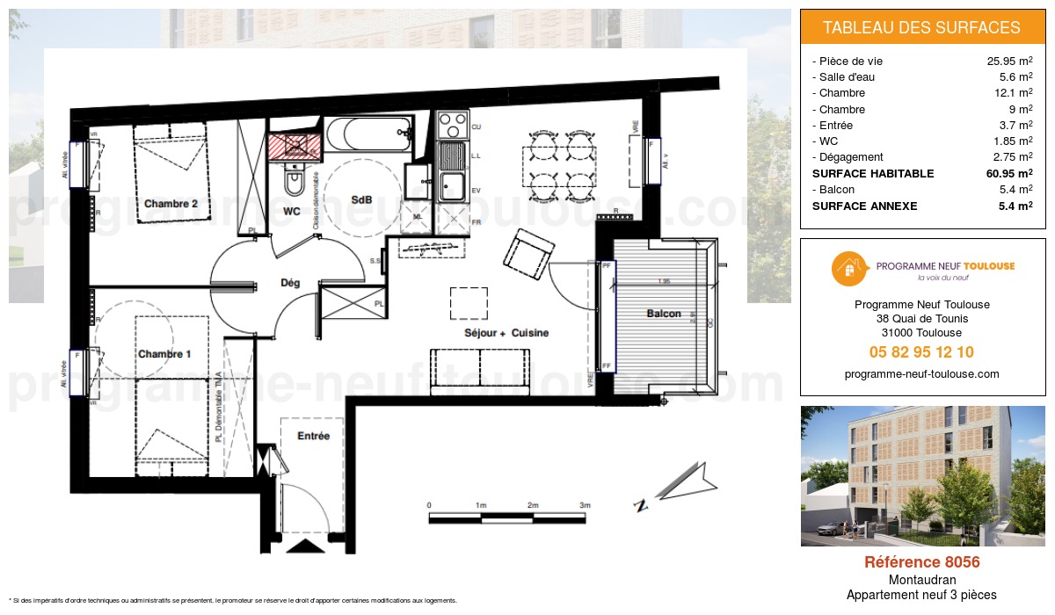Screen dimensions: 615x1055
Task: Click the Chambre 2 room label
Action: (x=171, y=204)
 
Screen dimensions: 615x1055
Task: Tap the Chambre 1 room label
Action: (x=164, y=353)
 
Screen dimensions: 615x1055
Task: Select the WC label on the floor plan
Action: (x=292, y=211)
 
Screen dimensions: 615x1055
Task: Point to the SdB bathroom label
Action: (x=361, y=199)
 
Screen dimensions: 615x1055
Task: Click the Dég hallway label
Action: (x=289, y=283)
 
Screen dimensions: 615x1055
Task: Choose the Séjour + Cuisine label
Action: (x=506, y=333)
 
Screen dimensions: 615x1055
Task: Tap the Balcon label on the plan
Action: (x=664, y=314)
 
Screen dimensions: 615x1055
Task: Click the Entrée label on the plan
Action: (x=313, y=436)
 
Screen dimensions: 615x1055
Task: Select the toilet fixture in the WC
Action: (x=295, y=182)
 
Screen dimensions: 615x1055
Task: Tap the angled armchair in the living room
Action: (x=527, y=250)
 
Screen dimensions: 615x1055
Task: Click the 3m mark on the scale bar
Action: (x=586, y=506)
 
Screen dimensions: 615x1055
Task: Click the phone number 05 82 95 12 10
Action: (x=921, y=352)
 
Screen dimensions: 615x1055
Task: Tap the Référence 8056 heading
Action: (x=921, y=562)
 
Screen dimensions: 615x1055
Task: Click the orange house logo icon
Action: (x=846, y=269)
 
